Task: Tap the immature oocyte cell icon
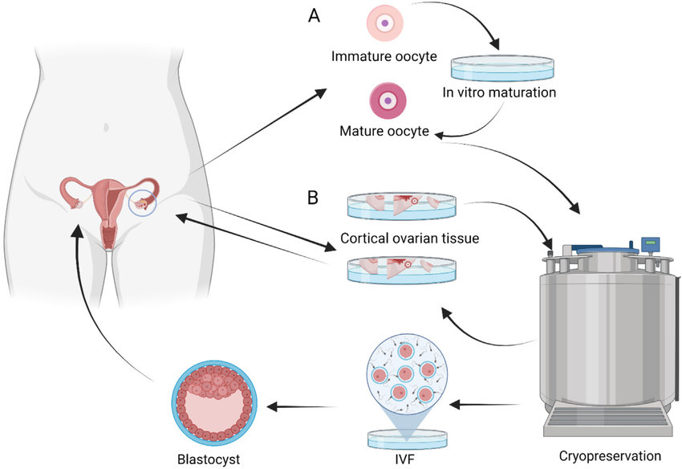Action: click(384, 23)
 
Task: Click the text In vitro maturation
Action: click(500, 92)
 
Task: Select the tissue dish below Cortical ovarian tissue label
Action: click(396, 269)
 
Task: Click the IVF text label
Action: click(406, 459)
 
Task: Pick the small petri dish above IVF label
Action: click(406, 438)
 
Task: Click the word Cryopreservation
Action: click(609, 455)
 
